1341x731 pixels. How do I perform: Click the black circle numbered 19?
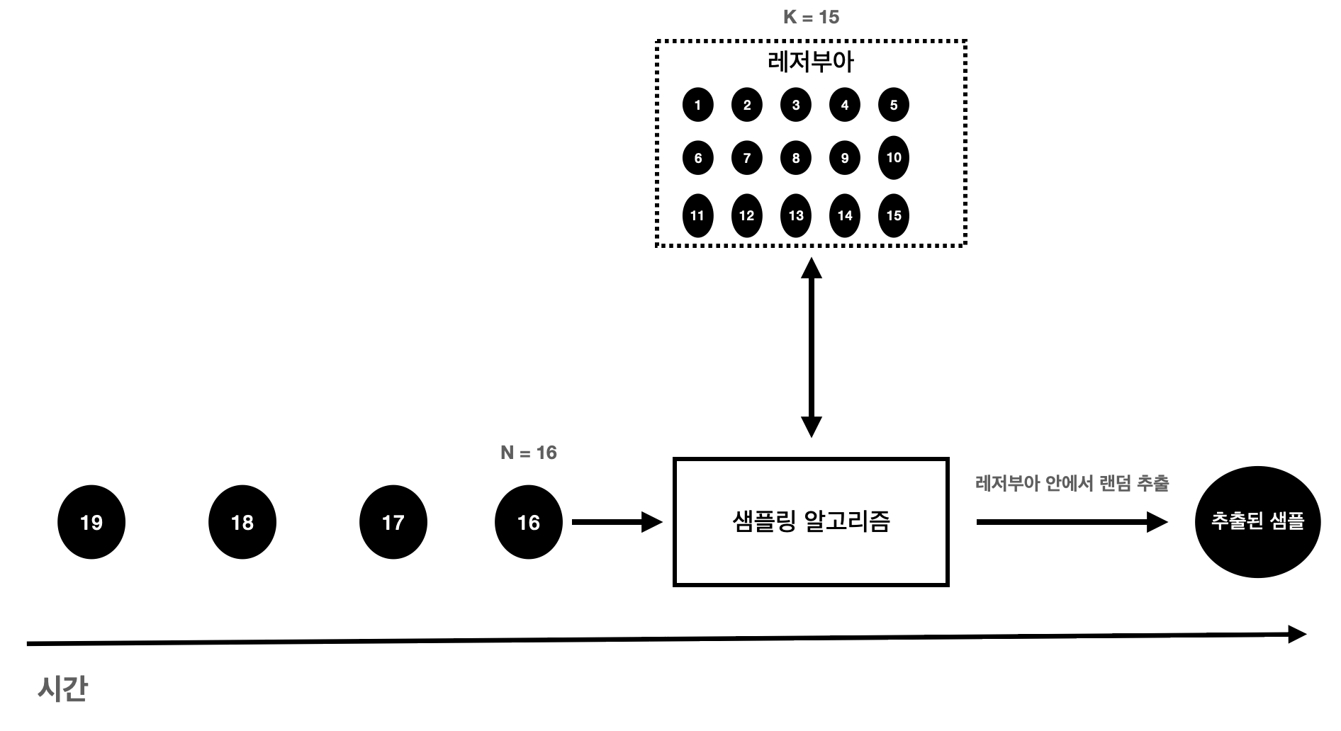click(x=91, y=522)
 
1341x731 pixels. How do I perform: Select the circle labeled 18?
click(x=242, y=522)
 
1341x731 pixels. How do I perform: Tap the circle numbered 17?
click(x=393, y=522)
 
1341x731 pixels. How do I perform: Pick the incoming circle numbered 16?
click(x=528, y=522)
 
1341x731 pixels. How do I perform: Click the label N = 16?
click(x=528, y=453)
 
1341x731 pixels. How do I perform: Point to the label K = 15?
click(x=811, y=17)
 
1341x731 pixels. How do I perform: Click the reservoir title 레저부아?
click(x=811, y=62)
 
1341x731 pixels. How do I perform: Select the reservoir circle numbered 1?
click(x=697, y=105)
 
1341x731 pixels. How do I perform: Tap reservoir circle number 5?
click(x=893, y=105)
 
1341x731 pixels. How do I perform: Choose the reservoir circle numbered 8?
click(x=795, y=158)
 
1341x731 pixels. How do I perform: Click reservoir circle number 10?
click(x=893, y=157)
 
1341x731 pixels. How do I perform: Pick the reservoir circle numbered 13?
click(x=795, y=215)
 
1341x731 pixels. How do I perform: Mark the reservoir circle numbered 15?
click(x=893, y=215)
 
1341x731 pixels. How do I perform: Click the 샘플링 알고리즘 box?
click(x=810, y=522)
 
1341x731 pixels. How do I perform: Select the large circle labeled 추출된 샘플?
click(x=1257, y=522)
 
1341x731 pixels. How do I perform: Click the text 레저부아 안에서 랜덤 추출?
click(x=1072, y=484)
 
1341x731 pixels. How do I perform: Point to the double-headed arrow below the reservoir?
click(x=811, y=347)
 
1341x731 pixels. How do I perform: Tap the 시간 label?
click(x=62, y=688)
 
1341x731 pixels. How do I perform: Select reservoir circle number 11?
click(x=697, y=215)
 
